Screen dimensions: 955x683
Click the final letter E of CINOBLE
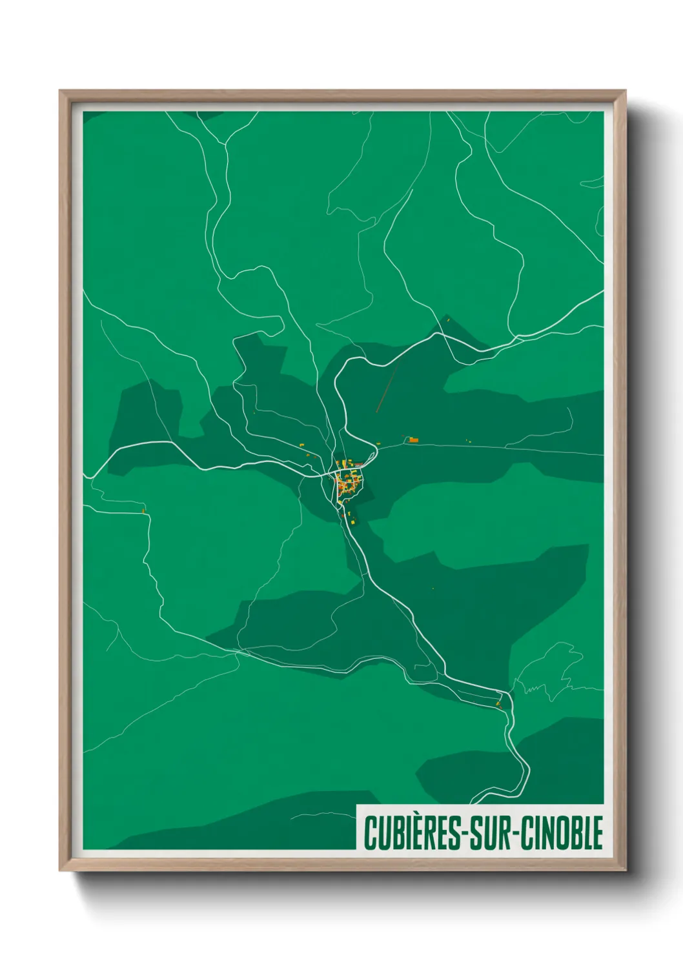(597, 832)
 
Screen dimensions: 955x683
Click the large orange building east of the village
(414, 440)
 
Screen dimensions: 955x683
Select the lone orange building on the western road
(144, 511)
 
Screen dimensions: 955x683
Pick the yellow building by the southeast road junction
(499, 703)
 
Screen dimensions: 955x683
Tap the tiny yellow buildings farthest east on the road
(469, 441)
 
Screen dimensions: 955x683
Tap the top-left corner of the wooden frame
(61, 92)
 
